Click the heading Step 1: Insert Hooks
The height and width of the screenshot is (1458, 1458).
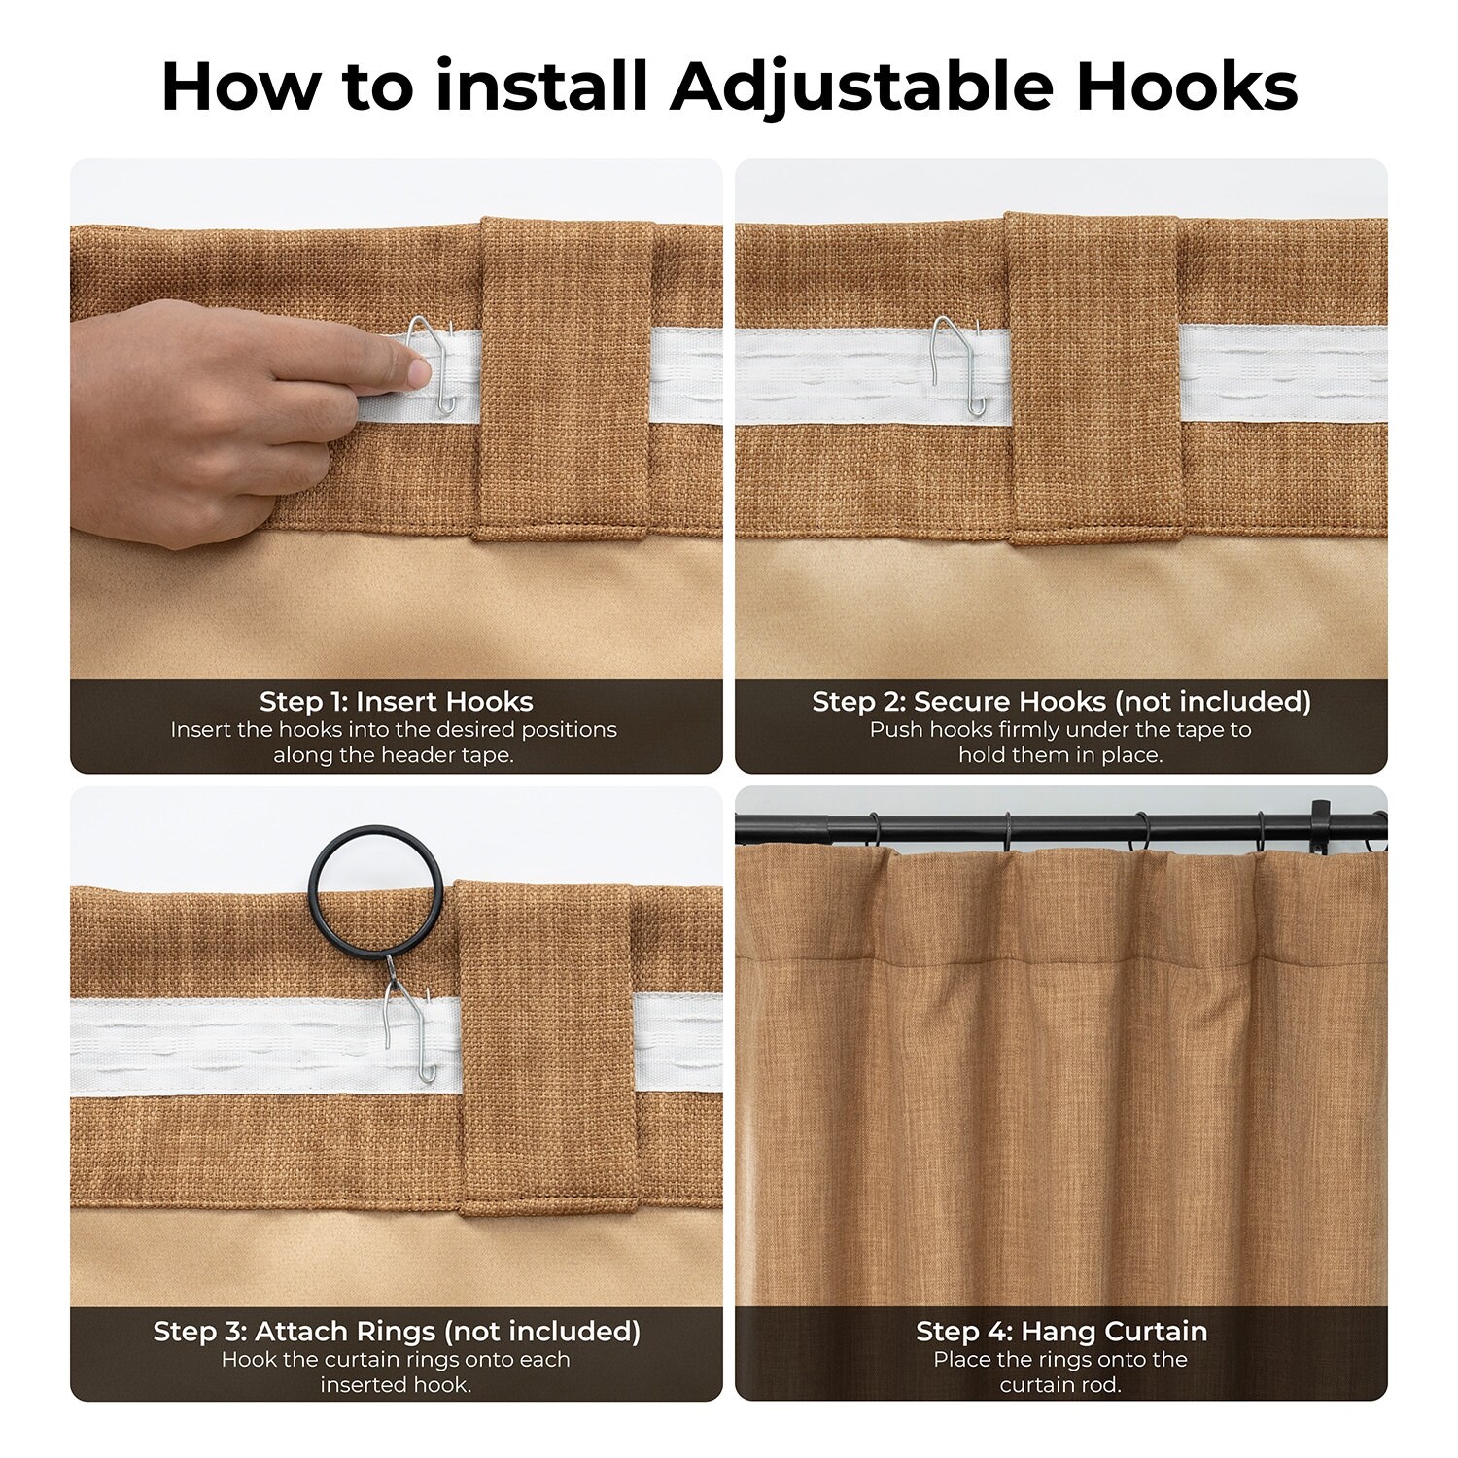pos(396,701)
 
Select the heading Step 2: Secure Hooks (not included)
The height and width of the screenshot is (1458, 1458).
pos(1061,701)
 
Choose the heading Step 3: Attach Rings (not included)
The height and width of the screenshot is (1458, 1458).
pos(396,1331)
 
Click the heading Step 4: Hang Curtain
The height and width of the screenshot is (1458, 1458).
pos(1061,1331)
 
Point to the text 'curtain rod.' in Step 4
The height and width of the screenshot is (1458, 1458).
pos(1060,1384)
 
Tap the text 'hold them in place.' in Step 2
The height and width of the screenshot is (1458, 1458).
pos(1060,755)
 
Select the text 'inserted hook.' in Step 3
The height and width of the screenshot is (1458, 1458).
pos(396,1384)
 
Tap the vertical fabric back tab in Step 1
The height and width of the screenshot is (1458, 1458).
pos(565,378)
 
